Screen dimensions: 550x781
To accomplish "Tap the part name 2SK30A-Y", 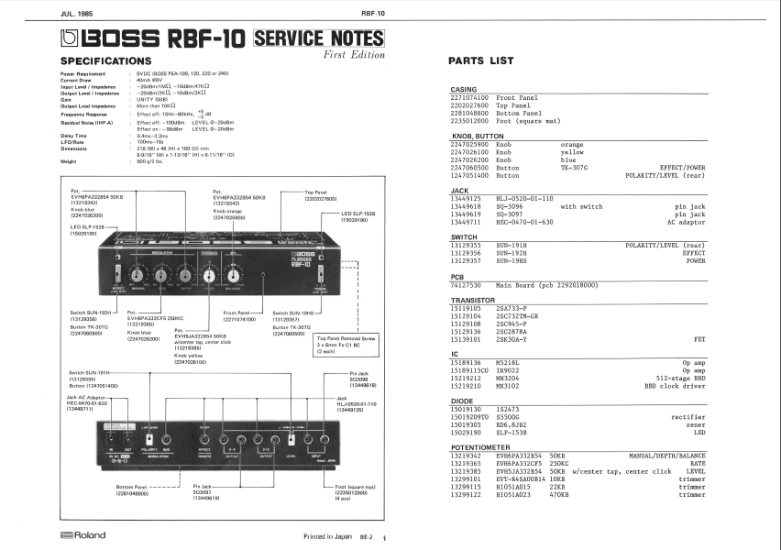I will (x=512, y=338).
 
